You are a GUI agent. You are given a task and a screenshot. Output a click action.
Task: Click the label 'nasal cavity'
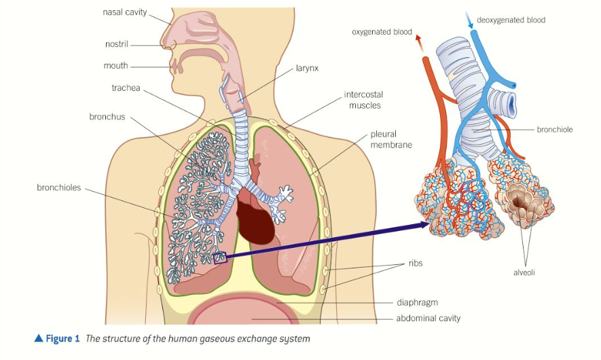click(x=125, y=12)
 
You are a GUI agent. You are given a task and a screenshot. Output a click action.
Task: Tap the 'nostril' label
click(x=116, y=44)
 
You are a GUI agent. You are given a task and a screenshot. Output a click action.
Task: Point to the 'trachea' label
click(x=126, y=88)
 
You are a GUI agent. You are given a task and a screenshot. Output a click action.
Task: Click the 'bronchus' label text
click(x=107, y=117)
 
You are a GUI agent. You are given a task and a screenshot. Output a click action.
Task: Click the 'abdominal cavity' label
click(x=429, y=318)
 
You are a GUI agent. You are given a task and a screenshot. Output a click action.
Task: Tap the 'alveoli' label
click(x=525, y=272)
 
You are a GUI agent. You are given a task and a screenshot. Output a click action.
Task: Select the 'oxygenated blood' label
click(x=382, y=32)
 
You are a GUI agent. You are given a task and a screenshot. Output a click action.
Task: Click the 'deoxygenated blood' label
click(x=511, y=20)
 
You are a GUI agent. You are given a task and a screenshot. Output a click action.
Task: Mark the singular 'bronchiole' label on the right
click(x=555, y=129)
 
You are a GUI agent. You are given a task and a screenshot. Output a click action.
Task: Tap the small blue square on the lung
click(x=219, y=257)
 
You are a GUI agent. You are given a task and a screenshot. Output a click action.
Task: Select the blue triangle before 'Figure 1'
click(x=39, y=338)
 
